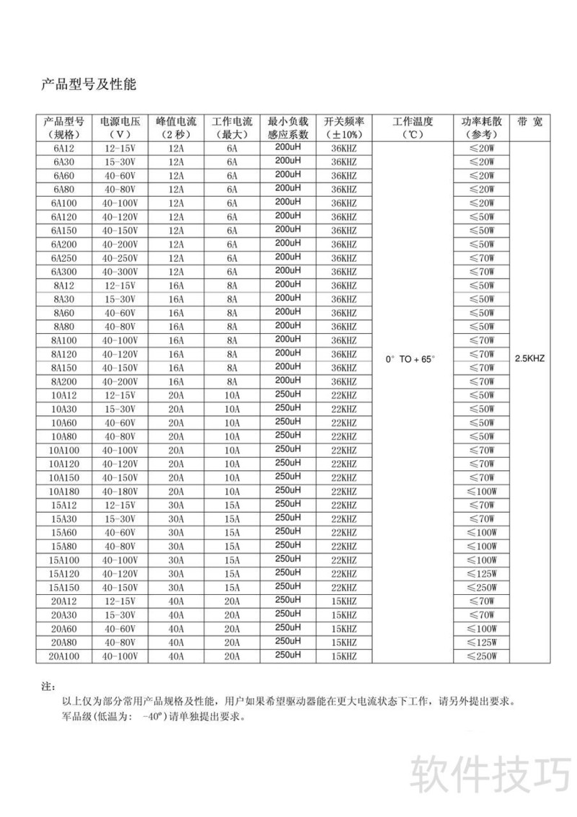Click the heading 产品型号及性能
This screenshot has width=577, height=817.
click(88, 84)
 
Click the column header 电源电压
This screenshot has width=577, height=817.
click(121, 121)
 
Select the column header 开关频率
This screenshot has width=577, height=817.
click(343, 121)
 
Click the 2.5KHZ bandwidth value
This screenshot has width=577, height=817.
click(530, 358)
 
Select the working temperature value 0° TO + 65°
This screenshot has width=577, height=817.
click(411, 358)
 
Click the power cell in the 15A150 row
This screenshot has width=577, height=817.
click(482, 587)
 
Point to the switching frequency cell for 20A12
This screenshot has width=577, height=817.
click(343, 601)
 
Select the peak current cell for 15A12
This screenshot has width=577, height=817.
click(177, 505)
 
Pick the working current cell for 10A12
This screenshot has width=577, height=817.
click(232, 395)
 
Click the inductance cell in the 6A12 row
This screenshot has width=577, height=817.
click(288, 146)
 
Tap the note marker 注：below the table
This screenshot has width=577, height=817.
click(49, 686)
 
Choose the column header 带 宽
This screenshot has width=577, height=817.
click(530, 121)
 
